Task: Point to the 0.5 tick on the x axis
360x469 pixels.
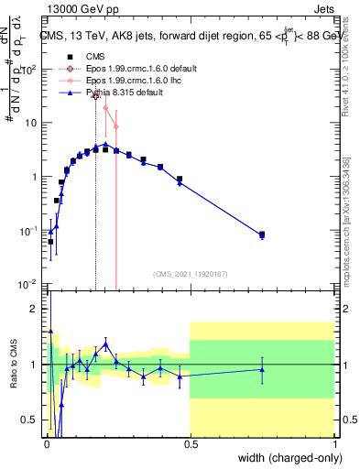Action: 191,444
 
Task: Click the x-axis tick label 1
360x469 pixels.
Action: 333,444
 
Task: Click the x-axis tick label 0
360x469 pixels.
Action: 47,444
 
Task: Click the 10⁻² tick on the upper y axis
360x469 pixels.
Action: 32,283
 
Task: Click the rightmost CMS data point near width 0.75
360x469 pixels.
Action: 262,234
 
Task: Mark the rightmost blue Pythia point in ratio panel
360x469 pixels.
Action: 262,369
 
